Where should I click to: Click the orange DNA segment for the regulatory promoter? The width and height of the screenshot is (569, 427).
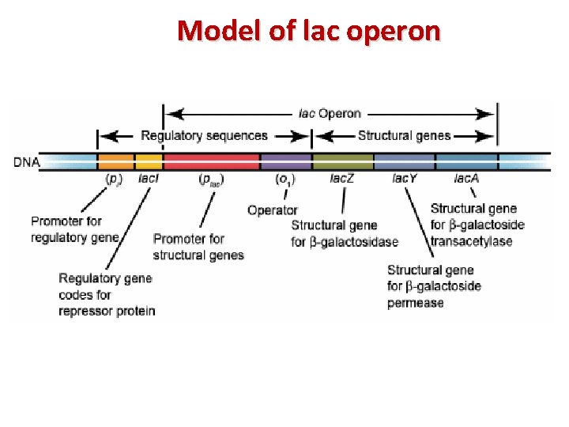[116, 162]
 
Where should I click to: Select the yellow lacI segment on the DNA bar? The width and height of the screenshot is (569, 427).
[149, 162]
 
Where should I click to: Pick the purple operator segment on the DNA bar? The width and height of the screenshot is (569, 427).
[286, 162]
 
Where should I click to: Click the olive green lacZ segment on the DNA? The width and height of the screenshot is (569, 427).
[343, 162]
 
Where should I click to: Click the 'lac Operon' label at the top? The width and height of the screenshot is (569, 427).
[330, 113]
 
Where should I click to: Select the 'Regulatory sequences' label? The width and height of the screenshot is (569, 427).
[204, 136]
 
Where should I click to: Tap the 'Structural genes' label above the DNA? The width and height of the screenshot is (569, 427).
[404, 136]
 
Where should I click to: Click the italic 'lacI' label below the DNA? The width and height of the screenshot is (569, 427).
[149, 179]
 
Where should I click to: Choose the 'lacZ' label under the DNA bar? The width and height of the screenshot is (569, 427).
[342, 179]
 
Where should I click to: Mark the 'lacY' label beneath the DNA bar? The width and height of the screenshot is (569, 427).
[405, 179]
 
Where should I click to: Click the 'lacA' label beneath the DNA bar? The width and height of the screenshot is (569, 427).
[466, 179]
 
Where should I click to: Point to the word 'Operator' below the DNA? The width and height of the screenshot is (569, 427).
[272, 210]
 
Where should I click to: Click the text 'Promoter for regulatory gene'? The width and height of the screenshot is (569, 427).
[75, 229]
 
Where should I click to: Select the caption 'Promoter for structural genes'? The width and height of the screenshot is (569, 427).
[198, 247]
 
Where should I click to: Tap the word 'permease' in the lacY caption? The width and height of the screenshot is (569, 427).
[415, 303]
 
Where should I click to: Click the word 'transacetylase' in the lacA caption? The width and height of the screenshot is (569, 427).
[471, 241]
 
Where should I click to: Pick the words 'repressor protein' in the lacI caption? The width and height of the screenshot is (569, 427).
[107, 311]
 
